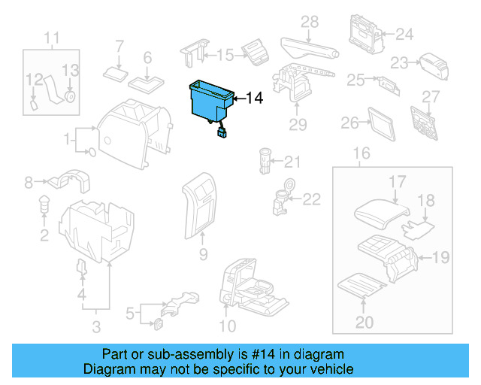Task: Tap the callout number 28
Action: (310, 23)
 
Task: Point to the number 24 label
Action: (405, 34)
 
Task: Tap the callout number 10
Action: (226, 326)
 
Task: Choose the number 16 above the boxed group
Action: (362, 154)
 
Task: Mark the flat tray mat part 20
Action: (359, 285)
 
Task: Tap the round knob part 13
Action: (71, 95)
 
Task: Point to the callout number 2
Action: (44, 236)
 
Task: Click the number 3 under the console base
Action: (96, 326)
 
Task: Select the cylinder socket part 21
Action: (265, 159)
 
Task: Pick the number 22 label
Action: (311, 199)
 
